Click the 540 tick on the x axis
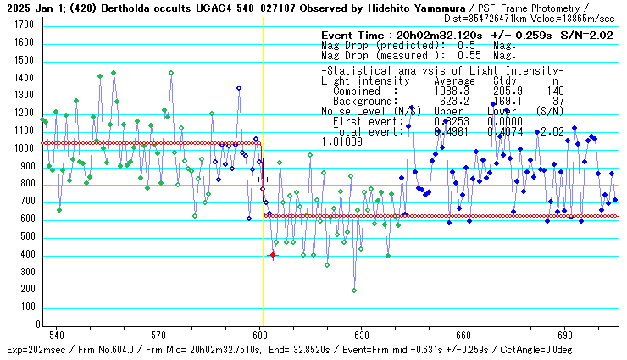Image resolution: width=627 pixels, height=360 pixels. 57,334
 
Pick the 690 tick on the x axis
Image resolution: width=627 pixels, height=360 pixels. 565,334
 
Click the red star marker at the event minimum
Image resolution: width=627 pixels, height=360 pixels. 273,255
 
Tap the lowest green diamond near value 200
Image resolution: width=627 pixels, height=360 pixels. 354,291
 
